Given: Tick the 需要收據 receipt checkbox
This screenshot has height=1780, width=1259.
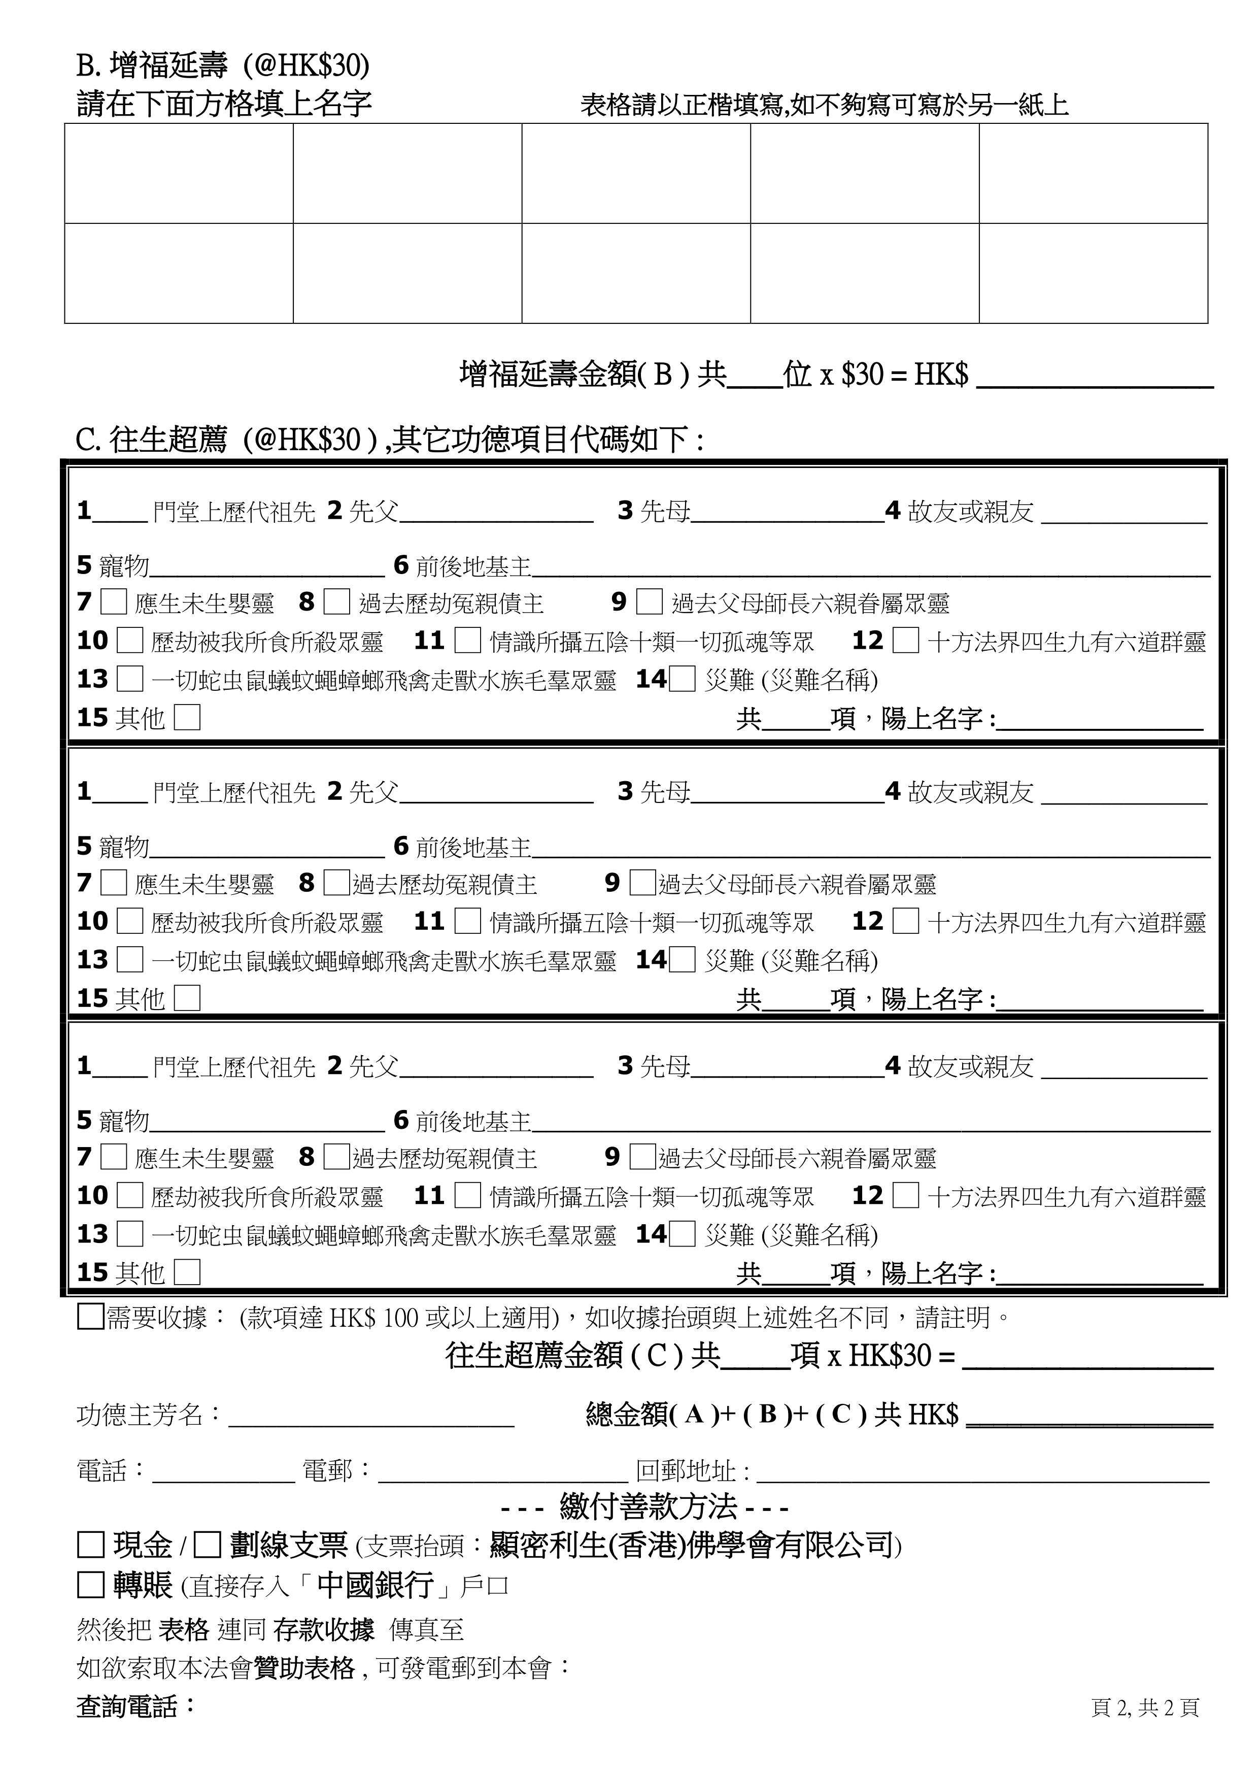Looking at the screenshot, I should [x=91, y=1317].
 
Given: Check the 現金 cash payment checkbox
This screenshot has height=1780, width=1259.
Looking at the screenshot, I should [x=91, y=1543].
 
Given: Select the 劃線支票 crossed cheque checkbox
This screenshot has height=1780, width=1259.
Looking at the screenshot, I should [x=207, y=1543].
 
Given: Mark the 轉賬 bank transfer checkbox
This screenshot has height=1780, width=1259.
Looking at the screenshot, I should [x=91, y=1584].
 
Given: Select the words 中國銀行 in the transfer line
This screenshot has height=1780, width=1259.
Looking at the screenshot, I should [x=375, y=1584].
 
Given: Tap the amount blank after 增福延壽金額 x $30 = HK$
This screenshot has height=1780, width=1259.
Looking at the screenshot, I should [x=1094, y=379].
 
